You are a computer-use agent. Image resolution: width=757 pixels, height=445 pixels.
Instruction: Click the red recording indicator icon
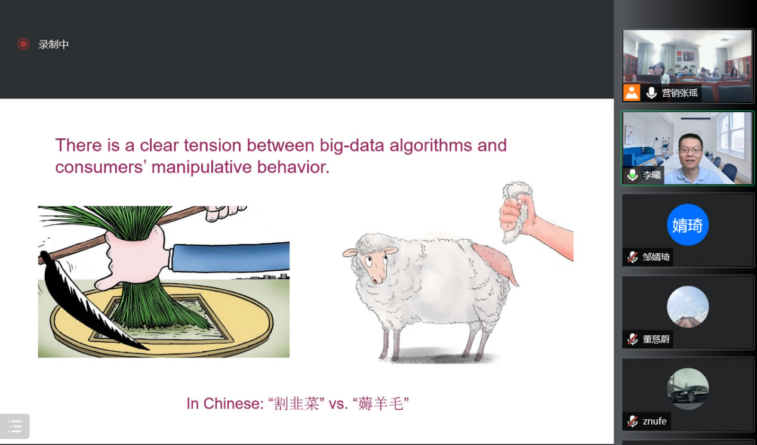(23, 44)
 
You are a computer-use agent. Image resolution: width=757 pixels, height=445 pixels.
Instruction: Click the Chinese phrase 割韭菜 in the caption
(296, 403)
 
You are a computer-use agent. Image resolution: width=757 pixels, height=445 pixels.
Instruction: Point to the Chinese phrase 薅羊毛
(381, 403)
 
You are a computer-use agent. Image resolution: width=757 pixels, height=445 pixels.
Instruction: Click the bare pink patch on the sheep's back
(495, 262)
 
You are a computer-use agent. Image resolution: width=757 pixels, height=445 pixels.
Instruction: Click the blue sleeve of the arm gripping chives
(230, 257)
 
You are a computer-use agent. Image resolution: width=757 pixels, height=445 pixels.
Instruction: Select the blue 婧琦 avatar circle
(687, 225)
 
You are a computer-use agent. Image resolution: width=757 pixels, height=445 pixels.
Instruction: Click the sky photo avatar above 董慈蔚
(687, 307)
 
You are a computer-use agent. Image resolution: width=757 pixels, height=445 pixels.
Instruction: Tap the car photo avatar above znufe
(687, 389)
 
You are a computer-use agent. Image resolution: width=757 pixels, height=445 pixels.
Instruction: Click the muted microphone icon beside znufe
(632, 421)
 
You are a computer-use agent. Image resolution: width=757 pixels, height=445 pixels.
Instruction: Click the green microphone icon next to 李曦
(632, 175)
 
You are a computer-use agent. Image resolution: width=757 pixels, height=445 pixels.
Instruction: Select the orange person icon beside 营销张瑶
(631, 93)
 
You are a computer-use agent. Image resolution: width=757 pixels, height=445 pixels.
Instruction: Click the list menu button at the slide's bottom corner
(14, 426)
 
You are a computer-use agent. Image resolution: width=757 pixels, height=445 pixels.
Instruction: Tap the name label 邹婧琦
(656, 257)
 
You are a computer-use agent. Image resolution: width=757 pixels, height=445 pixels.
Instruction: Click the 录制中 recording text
(53, 44)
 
